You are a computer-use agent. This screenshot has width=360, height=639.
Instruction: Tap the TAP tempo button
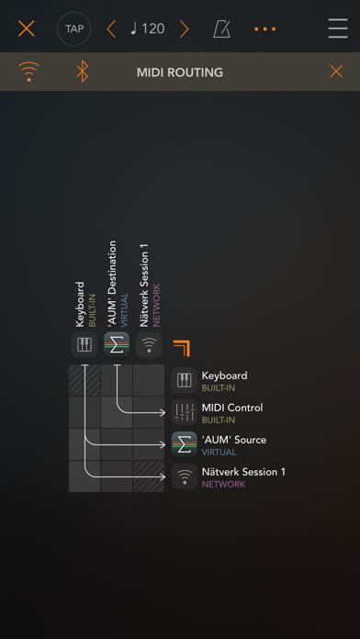pyautogui.click(x=73, y=29)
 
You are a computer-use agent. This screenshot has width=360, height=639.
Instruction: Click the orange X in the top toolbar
pyautogui.click(x=26, y=29)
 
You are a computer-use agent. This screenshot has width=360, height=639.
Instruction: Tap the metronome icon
pyautogui.click(x=221, y=29)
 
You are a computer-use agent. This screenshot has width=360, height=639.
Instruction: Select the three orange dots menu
pyautogui.click(x=265, y=29)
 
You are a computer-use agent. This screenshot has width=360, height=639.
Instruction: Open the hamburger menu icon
pyautogui.click(x=338, y=29)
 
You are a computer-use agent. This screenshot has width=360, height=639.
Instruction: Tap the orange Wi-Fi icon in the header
pyautogui.click(x=29, y=72)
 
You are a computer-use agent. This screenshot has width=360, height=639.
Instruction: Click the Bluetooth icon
pyautogui.click(x=83, y=72)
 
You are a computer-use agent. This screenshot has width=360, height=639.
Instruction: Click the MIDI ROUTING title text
pyautogui.click(x=180, y=73)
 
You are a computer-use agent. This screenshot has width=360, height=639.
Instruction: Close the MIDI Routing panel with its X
pyautogui.click(x=336, y=72)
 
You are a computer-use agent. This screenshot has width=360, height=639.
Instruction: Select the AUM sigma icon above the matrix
pyautogui.click(x=117, y=345)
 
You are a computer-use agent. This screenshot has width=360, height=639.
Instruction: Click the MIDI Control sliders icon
pyautogui.click(x=185, y=412)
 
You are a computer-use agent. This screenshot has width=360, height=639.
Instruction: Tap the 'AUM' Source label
pyautogui.click(x=233, y=440)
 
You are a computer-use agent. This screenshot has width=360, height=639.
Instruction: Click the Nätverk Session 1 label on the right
pyautogui.click(x=243, y=472)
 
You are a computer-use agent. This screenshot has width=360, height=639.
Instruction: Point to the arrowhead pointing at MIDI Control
pyautogui.click(x=163, y=413)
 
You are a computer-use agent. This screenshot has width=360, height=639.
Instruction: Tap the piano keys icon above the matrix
pyautogui.click(x=84, y=345)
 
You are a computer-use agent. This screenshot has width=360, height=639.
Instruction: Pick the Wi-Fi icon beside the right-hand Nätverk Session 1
pyautogui.click(x=185, y=476)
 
